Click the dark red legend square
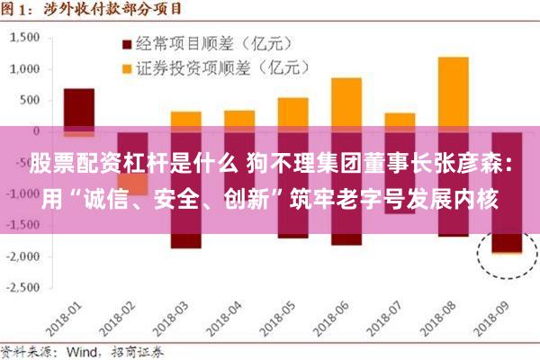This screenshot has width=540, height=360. (x=126, y=43)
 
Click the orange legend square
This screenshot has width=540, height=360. (x=126, y=67)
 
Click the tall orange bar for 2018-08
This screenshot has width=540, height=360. (x=453, y=90)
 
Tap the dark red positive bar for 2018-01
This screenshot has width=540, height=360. (x=79, y=108)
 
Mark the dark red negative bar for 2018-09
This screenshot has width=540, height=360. (x=506, y=239)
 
